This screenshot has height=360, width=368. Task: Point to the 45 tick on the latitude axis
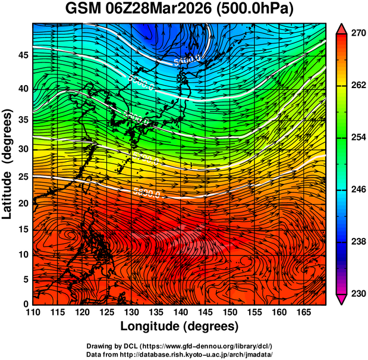pyautogui.click(x=23, y=55)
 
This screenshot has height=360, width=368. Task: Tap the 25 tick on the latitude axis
pyautogui.click(x=23, y=177)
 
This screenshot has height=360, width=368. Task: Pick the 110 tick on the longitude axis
pyautogui.click(x=33, y=312)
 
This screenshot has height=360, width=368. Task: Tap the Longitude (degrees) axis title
pyautogui.click(x=180, y=326)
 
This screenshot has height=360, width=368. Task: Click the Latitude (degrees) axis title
pyautogui.click(x=8, y=164)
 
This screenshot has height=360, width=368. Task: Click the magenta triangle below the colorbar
pyautogui.click(x=342, y=299)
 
